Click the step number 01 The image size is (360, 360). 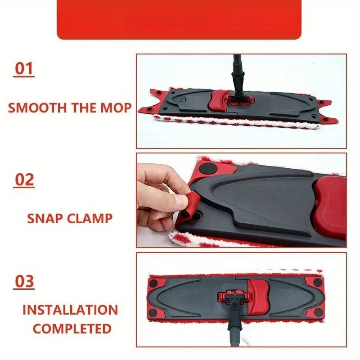point(25,69)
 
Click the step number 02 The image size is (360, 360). point(25,180)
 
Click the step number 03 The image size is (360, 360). point(25,281)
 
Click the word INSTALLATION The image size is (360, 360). point(70,310)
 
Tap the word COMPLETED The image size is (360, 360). point(72,328)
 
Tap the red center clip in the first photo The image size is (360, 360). point(218,100)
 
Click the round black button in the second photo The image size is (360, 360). point(208,168)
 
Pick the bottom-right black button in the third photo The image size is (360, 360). point(318,312)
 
